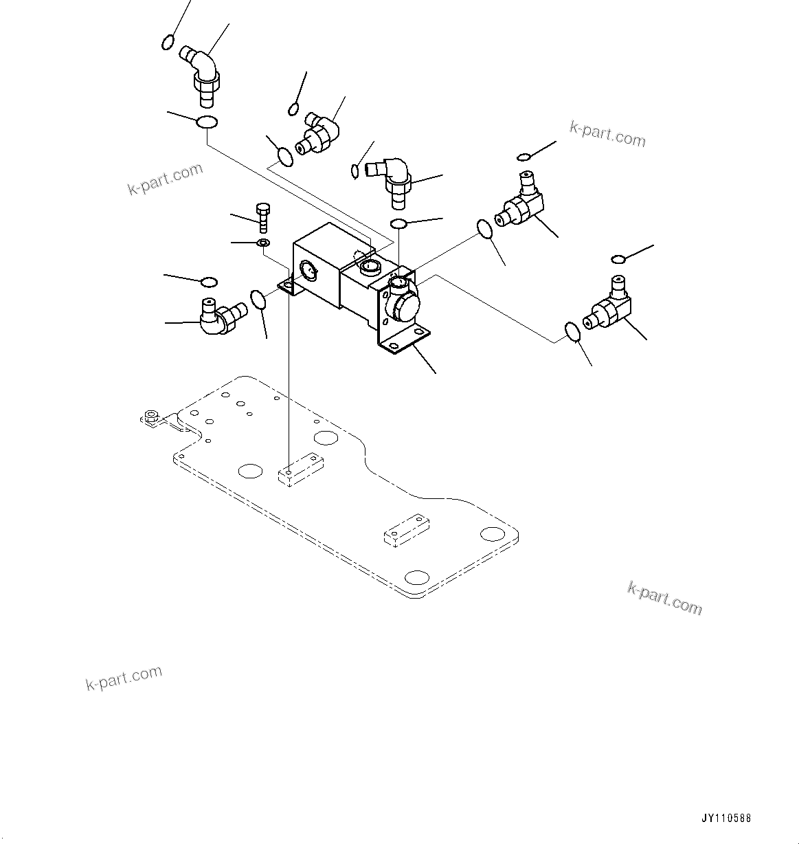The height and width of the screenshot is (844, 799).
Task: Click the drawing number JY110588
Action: [x=726, y=819]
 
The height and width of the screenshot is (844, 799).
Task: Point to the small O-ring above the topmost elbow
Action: [x=167, y=43]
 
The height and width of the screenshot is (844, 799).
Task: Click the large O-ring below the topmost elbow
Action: [x=207, y=123]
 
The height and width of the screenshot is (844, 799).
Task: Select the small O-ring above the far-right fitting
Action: [x=618, y=258]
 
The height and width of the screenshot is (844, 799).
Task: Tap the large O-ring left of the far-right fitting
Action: [x=573, y=331]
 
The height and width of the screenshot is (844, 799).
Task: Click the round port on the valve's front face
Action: [x=308, y=271]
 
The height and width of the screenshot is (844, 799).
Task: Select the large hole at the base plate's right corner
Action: [x=493, y=534]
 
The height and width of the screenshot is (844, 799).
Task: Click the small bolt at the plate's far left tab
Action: [x=152, y=417]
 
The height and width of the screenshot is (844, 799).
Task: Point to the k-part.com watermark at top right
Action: [x=607, y=135]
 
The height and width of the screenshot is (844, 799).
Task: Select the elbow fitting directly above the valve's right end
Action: [x=393, y=179]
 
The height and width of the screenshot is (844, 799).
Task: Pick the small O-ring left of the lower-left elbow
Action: [x=209, y=282]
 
